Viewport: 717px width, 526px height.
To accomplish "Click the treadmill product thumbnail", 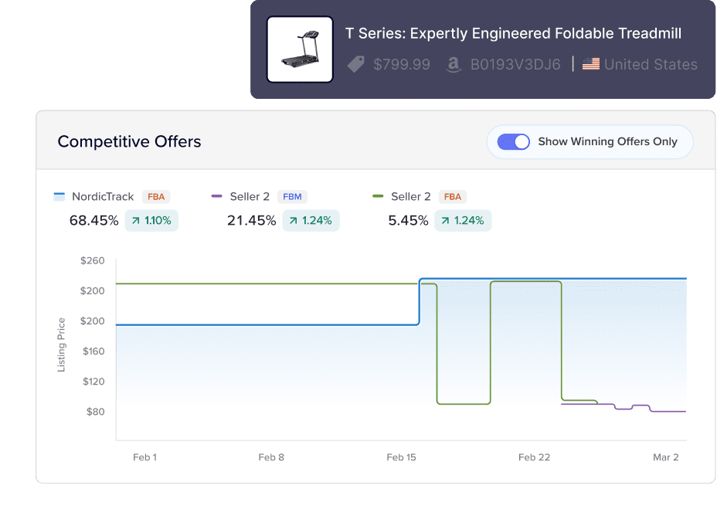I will pyautogui.click(x=300, y=49).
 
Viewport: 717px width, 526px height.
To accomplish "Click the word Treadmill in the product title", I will pyautogui.click(x=646, y=33).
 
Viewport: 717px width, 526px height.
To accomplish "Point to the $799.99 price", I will pyautogui.click(x=401, y=65).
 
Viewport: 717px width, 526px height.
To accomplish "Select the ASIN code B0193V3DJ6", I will pyautogui.click(x=515, y=65).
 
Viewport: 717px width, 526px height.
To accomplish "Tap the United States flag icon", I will pyautogui.click(x=591, y=64).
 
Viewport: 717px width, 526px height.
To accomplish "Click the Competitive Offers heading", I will pyautogui.click(x=129, y=141).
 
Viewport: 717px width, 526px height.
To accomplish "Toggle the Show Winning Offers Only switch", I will pyautogui.click(x=513, y=141).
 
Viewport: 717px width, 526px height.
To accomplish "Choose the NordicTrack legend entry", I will pyautogui.click(x=103, y=197).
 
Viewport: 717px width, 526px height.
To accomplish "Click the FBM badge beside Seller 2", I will pyautogui.click(x=292, y=197).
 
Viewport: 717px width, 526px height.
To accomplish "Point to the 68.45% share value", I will pyautogui.click(x=94, y=221).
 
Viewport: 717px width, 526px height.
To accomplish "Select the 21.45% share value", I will pyautogui.click(x=252, y=221).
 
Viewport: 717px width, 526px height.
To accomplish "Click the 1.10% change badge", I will pyautogui.click(x=151, y=221).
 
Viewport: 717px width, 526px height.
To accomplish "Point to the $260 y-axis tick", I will pyautogui.click(x=92, y=261).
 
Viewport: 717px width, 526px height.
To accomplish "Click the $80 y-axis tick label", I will pyautogui.click(x=94, y=412).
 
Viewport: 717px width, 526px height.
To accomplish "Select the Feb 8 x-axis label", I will pyautogui.click(x=271, y=457).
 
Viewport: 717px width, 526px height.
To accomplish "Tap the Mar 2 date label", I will pyautogui.click(x=665, y=457).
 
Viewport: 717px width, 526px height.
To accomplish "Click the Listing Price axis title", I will pyautogui.click(x=62, y=344).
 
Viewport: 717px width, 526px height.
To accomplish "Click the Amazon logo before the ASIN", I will pyautogui.click(x=454, y=65).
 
